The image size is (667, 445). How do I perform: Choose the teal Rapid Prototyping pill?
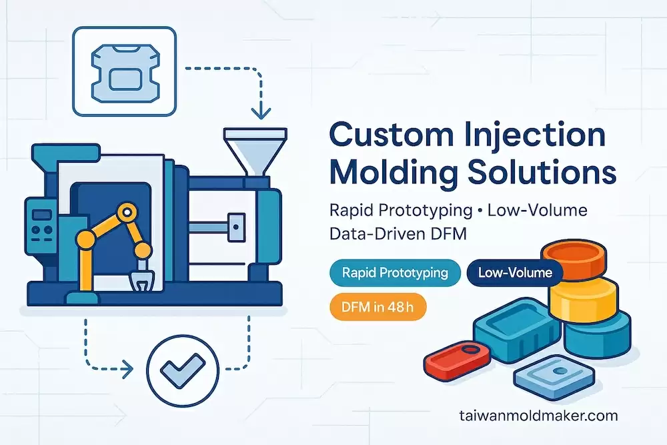tap(394, 273)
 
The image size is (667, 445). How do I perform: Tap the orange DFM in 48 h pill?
tap(378, 306)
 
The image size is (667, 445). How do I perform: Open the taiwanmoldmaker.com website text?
tap(538, 416)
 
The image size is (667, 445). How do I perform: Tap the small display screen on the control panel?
tap(37, 215)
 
